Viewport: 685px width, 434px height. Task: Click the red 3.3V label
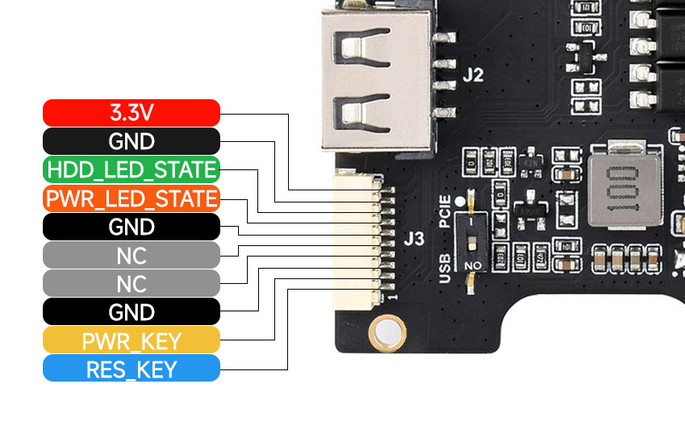(x=131, y=113)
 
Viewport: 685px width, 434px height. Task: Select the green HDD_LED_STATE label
(x=131, y=170)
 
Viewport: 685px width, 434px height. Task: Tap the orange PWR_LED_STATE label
(x=131, y=198)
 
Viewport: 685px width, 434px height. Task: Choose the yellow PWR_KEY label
(x=131, y=340)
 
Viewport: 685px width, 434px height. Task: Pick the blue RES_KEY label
(x=131, y=369)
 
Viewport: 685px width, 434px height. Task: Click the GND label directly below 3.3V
(x=131, y=142)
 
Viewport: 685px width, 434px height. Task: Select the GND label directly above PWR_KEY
(x=131, y=312)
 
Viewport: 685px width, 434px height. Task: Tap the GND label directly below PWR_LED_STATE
(x=131, y=227)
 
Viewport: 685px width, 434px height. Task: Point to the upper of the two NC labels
(x=131, y=256)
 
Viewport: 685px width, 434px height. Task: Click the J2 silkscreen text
(x=474, y=77)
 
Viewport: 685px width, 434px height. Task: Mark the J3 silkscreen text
(x=413, y=239)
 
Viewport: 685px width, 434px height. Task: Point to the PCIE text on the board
(x=445, y=212)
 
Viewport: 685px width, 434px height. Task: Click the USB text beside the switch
(x=445, y=268)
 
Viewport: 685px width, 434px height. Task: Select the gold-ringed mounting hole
(x=386, y=332)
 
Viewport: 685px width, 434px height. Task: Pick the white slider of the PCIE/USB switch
(x=470, y=225)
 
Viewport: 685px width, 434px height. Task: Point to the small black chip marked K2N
(x=530, y=162)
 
